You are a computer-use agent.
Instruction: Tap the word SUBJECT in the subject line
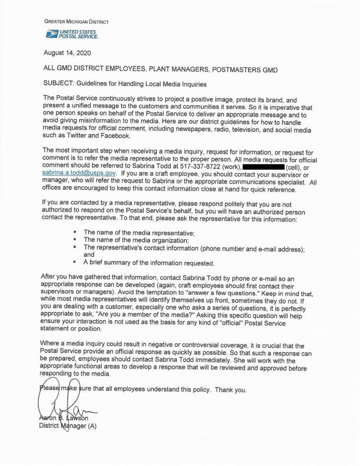pos(58,83)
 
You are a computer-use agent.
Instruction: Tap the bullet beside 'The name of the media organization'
pos(76,240)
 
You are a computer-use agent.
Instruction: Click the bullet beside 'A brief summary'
pos(76,263)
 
